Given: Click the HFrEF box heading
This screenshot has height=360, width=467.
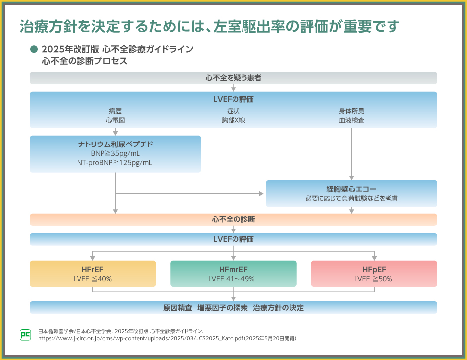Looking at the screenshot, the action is [92, 270].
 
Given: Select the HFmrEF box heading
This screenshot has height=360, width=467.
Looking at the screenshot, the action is [233, 270].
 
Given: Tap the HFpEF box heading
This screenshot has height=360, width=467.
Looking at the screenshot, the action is [374, 270].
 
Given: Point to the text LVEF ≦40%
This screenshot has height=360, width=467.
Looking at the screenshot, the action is [92, 279].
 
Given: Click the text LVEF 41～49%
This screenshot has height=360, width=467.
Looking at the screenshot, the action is [232, 279].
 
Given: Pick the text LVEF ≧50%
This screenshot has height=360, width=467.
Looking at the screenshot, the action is [373, 279].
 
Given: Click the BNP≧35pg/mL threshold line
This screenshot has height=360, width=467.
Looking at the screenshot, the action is [115, 153].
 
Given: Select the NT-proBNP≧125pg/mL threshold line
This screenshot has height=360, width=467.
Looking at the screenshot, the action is [114, 163].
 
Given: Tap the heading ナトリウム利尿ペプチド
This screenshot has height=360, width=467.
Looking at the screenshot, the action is [116, 144].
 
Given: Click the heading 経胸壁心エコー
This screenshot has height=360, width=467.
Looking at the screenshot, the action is [351, 189].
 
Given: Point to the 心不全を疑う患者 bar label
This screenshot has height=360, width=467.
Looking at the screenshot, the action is [233, 78].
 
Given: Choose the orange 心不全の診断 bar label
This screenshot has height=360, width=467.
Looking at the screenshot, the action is [233, 220].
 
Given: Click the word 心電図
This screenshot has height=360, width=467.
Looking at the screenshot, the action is [115, 120].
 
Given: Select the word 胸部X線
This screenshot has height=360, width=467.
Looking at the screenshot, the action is [233, 120].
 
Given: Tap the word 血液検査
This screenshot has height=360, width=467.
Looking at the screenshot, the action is [351, 120].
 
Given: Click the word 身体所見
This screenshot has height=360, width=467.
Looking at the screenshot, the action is [351, 111].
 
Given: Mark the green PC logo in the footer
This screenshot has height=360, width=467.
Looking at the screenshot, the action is [25, 335].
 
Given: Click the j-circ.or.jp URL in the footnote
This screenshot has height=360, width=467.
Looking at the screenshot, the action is [141, 339].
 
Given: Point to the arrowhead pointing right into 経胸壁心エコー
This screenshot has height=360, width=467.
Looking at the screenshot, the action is [261, 194].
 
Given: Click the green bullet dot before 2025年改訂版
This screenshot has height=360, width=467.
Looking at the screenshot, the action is [34, 49].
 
